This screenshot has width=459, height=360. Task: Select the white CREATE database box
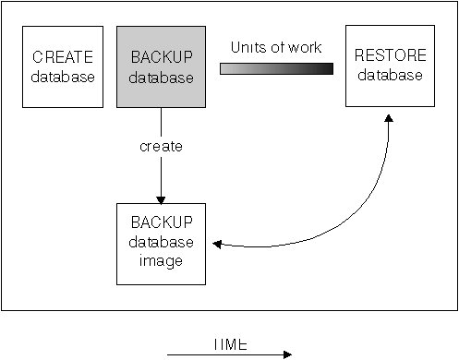[x=63, y=66]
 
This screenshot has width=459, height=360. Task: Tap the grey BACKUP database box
[x=161, y=66]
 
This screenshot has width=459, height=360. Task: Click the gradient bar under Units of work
[x=276, y=68]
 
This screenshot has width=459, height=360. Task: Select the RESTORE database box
[x=389, y=66]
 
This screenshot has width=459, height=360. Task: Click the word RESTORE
[x=389, y=57]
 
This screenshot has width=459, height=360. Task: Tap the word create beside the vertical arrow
[x=161, y=147]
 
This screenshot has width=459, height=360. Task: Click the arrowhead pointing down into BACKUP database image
[x=161, y=199]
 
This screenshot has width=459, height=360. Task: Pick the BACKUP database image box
[x=161, y=244]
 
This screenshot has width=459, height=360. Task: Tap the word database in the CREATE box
[x=63, y=77]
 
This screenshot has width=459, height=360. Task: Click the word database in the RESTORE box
[x=389, y=75]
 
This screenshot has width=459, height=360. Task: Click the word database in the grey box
[x=162, y=78]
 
